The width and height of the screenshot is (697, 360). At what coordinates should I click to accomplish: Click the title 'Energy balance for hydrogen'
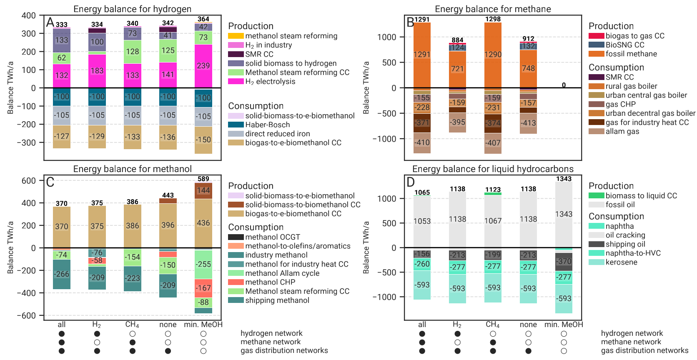(x=132, y=9)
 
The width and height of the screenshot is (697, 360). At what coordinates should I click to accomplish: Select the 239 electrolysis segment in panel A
(x=203, y=66)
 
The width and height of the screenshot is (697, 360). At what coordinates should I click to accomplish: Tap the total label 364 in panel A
(x=203, y=19)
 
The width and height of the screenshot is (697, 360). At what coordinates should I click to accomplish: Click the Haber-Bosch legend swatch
(x=236, y=125)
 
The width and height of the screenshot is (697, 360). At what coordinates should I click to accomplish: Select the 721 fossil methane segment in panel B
(x=457, y=69)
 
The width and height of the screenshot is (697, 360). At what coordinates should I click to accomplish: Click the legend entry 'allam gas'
(x=622, y=131)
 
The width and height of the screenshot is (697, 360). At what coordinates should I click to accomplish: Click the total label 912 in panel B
(x=528, y=39)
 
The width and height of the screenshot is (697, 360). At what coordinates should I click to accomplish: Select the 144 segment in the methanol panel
(x=203, y=190)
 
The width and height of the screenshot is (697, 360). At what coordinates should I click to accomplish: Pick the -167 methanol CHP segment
(x=203, y=288)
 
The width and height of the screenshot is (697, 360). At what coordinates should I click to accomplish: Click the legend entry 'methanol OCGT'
(x=272, y=237)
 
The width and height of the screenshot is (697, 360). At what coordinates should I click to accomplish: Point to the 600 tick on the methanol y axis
(x=29, y=181)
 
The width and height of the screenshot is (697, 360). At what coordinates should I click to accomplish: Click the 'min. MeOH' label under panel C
(x=203, y=325)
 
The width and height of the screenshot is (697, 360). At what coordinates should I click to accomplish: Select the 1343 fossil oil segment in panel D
(x=564, y=214)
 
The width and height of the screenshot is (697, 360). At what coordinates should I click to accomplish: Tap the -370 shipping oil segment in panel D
(x=564, y=261)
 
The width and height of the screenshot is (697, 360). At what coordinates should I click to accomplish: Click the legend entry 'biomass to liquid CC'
(x=641, y=196)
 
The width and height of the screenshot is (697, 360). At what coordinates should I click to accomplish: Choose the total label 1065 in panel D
(x=422, y=192)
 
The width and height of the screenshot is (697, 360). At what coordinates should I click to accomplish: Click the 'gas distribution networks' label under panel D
(x=644, y=351)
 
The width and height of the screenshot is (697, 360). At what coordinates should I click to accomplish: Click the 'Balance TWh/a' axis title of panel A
(x=10, y=87)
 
